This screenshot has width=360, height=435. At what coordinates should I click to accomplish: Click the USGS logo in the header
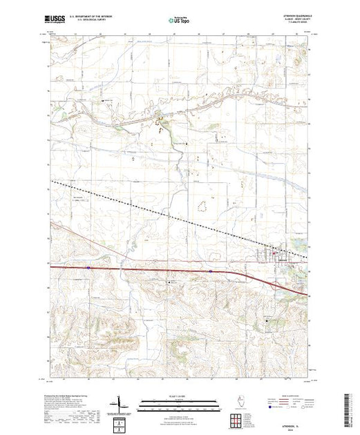[x=55, y=21]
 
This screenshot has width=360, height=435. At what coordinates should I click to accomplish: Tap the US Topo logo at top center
[x=179, y=21]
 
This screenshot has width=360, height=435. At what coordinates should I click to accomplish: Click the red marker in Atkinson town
[x=278, y=258]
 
